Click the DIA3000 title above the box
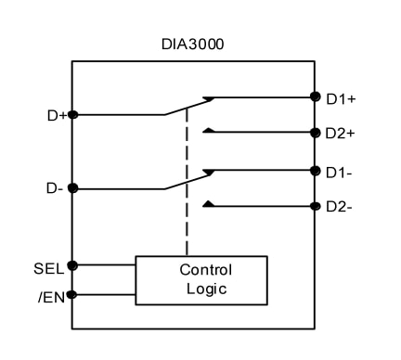pyautogui.click(x=193, y=45)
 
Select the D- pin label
pyautogui.click(x=56, y=188)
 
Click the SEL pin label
pyautogui.click(x=49, y=269)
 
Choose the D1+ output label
pyautogui.click(x=340, y=97)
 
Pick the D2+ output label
pyautogui.click(x=340, y=134)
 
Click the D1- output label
pyautogui.click(x=339, y=171)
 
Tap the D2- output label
pyautogui.click(x=339, y=207)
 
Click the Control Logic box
pyautogui.click(x=200, y=279)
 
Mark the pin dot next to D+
pyautogui.click(x=72, y=115)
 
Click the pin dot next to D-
pyautogui.click(x=72, y=188)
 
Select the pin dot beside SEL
pyautogui.click(x=72, y=265)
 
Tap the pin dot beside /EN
pyautogui.click(x=72, y=295)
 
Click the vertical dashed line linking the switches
pyautogui.click(x=187, y=186)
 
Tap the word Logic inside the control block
pyautogui.click(x=205, y=289)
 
